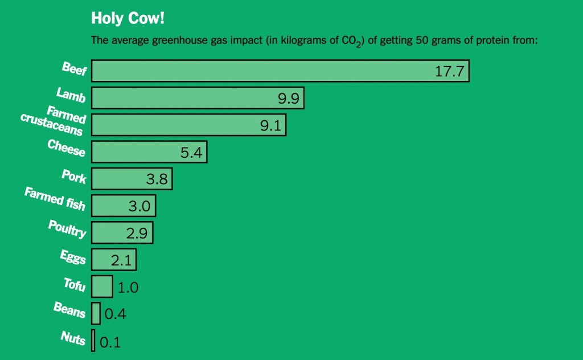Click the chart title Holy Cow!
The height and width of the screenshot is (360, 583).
[128, 18]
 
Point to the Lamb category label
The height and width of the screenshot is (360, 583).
[71, 95]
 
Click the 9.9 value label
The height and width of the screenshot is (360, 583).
[288, 99]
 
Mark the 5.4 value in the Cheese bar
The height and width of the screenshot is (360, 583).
[191, 153]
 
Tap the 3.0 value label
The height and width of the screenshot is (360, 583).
[139, 206]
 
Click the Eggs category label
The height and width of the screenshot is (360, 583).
[73, 257]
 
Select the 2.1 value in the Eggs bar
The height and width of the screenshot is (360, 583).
[121, 260]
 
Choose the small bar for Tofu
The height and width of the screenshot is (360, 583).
[102, 286]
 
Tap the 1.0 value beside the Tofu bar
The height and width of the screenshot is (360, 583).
[128, 288]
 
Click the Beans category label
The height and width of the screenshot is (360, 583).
[69, 310]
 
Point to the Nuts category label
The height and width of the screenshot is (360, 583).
[73, 338]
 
